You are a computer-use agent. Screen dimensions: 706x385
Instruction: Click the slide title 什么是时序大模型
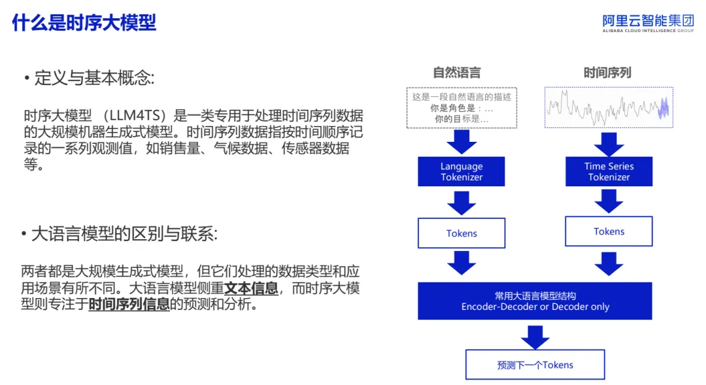[x=84, y=22]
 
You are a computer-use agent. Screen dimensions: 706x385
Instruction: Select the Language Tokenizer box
[x=462, y=171]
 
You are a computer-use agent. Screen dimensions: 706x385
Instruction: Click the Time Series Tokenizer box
[x=609, y=171]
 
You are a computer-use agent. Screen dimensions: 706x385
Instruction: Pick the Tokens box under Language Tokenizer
[x=462, y=233]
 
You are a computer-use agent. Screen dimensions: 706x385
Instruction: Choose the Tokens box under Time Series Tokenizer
[x=609, y=231]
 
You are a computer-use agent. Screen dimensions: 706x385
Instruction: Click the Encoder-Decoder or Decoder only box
[x=535, y=301]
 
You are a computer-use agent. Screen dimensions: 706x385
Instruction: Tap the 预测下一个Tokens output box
[x=535, y=365]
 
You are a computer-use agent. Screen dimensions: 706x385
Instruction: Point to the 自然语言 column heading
[x=456, y=73]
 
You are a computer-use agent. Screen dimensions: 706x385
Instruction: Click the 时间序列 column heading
[x=607, y=73]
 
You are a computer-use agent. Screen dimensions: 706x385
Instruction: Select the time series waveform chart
[x=609, y=108]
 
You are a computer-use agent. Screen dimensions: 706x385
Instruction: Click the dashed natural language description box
[x=462, y=108]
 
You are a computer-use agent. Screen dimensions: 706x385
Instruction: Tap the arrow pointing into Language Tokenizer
[x=462, y=142]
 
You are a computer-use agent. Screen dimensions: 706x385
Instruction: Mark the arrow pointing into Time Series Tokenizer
[x=609, y=144]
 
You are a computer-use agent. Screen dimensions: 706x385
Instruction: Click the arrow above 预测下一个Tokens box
[x=535, y=337]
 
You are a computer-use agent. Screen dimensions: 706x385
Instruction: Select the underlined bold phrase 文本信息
[x=251, y=288]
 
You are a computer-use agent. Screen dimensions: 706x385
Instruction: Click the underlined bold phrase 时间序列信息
[x=129, y=304]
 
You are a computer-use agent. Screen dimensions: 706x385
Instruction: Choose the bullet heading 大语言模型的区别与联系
[x=120, y=234]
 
